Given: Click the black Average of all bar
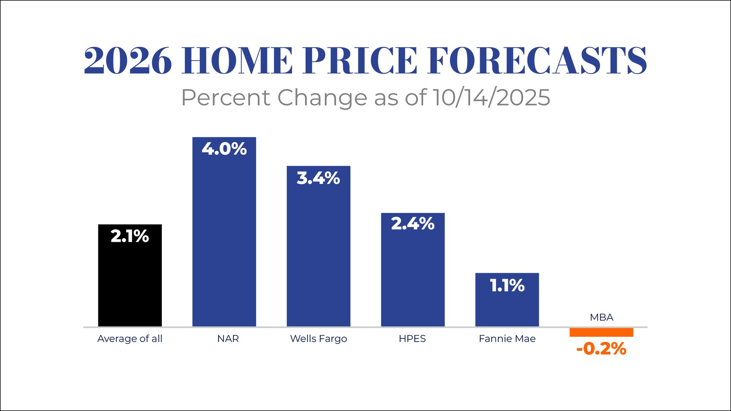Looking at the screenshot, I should click(130, 282).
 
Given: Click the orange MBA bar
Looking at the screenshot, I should click(601, 332).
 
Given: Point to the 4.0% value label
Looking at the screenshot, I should click(224, 149).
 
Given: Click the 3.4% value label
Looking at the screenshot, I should click(318, 178).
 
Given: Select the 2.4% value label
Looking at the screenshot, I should click(413, 224).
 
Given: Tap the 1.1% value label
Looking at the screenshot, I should click(507, 286).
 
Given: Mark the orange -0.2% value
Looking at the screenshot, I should click(601, 349).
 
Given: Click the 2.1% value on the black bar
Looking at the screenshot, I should click(130, 236).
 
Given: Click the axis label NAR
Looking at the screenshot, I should click(228, 339).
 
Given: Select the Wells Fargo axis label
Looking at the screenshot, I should click(318, 339).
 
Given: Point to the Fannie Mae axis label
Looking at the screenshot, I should click(507, 339).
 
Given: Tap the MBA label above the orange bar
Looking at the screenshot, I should click(602, 317).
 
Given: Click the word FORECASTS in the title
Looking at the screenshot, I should click(537, 61).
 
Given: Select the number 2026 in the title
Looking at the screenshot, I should click(128, 61).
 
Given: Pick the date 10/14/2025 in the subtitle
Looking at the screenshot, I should click(491, 98).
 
